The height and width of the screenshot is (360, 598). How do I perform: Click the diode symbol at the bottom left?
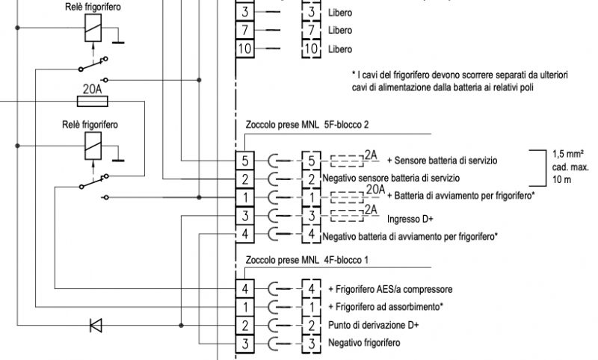[96, 325]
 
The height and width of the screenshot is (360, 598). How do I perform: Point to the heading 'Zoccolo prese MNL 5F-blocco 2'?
[307, 125]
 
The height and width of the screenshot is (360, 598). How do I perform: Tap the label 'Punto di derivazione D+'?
[373, 325]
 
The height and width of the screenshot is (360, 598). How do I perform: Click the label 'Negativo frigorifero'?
[364, 343]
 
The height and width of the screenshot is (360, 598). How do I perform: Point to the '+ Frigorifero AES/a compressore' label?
[391, 289]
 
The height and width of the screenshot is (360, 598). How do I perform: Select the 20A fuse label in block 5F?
[374, 190]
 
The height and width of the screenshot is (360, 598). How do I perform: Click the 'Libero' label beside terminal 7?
[340, 31]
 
